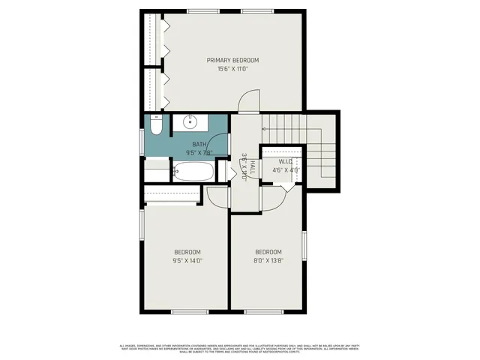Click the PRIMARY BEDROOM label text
point(232,60)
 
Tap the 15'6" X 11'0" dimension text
point(232,68)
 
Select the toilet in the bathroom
point(155,125)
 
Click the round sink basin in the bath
point(189,121)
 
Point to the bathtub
point(193,171)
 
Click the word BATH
point(199,144)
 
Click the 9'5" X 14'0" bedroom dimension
point(187,260)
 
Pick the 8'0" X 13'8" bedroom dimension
point(268,260)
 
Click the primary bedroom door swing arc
point(247,103)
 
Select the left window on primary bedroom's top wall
point(199,10)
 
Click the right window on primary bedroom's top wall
point(252,10)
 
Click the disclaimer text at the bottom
point(240,348)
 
